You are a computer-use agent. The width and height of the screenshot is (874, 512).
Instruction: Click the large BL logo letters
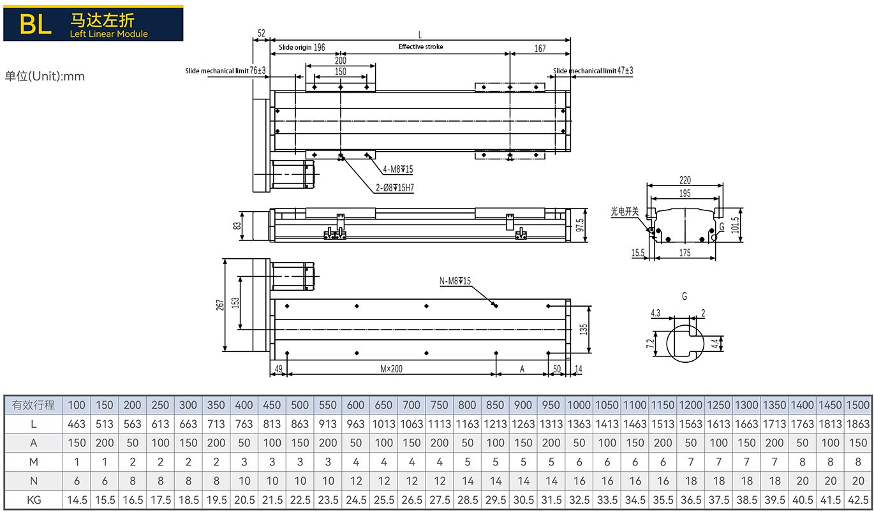(35, 24)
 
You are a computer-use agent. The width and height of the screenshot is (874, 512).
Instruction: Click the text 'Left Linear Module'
(108, 34)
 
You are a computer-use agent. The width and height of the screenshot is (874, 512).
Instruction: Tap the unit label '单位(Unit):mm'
(45, 77)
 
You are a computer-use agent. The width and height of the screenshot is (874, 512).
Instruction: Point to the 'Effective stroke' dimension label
(420, 47)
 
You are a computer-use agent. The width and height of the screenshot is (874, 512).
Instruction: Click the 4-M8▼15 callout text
(398, 170)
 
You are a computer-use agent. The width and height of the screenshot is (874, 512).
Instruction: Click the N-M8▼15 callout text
(455, 281)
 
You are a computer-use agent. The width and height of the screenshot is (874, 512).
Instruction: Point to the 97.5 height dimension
(579, 225)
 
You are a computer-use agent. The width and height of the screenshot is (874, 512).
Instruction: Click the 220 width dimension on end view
(685, 180)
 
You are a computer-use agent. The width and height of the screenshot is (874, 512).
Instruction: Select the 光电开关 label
(624, 211)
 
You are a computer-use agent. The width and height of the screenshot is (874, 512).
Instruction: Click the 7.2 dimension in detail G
(651, 343)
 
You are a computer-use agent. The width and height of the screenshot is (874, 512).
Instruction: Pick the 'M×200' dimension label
(392, 369)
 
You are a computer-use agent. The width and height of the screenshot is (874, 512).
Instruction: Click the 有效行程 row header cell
(34, 405)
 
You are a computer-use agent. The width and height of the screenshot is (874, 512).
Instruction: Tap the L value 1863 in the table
(858, 423)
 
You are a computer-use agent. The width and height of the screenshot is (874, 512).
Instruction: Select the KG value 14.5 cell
(77, 501)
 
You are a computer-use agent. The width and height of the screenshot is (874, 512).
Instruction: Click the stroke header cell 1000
(579, 405)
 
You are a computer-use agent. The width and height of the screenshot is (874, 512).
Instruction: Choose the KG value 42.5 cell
(858, 501)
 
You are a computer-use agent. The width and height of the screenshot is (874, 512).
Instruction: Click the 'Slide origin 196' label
(302, 47)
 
